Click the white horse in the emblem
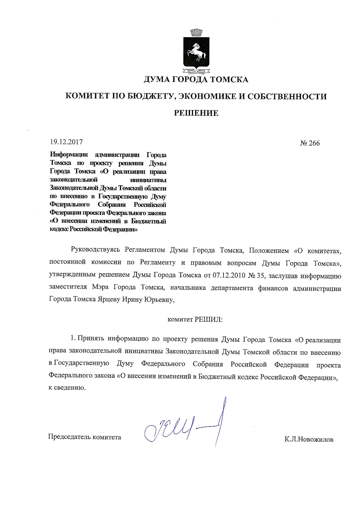click(x=196, y=53)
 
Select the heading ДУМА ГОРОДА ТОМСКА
click(x=196, y=79)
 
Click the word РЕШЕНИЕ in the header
click(x=196, y=113)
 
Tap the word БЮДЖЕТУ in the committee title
click(x=150, y=96)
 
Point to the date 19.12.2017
click(x=66, y=142)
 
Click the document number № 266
click(x=310, y=143)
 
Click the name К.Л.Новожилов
click(x=309, y=439)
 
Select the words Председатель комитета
click(x=84, y=437)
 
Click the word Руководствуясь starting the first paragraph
click(x=96, y=250)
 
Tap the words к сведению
click(x=67, y=388)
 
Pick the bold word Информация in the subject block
click(x=69, y=154)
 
